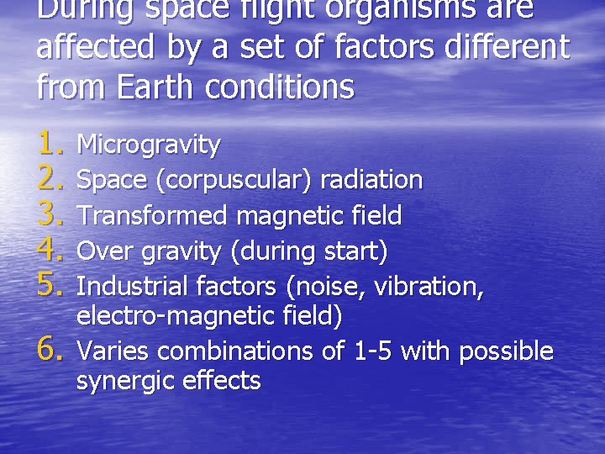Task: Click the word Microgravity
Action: click(x=149, y=145)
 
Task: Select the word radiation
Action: click(x=371, y=180)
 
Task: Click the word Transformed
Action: click(x=152, y=216)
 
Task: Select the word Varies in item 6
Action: click(x=113, y=351)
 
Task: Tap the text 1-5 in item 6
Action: click(x=375, y=351)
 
